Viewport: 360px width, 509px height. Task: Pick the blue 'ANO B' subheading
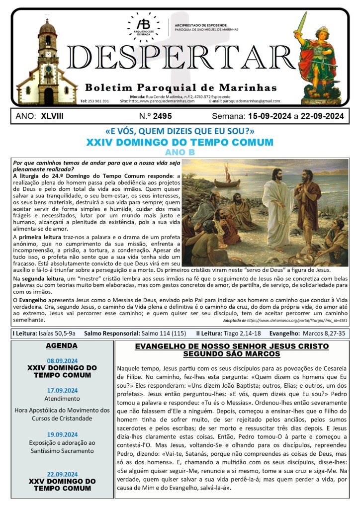pos(180,152)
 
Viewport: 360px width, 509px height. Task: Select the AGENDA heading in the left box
pos(62,345)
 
